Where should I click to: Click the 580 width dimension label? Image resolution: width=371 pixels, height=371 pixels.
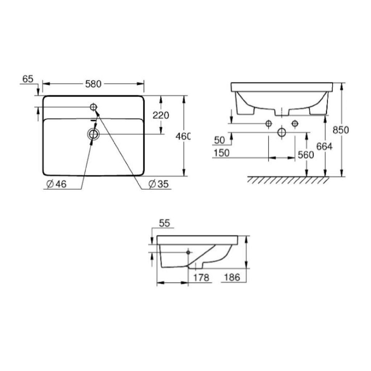93,84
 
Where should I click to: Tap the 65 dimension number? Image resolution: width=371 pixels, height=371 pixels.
28,79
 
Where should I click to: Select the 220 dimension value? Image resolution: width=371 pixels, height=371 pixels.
161,115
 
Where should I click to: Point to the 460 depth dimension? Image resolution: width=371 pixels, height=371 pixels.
183,136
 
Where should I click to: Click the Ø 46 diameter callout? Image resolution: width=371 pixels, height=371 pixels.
57,184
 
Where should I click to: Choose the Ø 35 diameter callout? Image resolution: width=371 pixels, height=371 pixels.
159,184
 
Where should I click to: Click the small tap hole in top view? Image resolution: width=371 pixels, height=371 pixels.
93,107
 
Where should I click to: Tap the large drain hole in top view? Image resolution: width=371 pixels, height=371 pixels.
93,134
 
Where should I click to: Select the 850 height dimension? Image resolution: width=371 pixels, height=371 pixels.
341,130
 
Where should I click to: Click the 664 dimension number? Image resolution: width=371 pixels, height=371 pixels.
324,147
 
